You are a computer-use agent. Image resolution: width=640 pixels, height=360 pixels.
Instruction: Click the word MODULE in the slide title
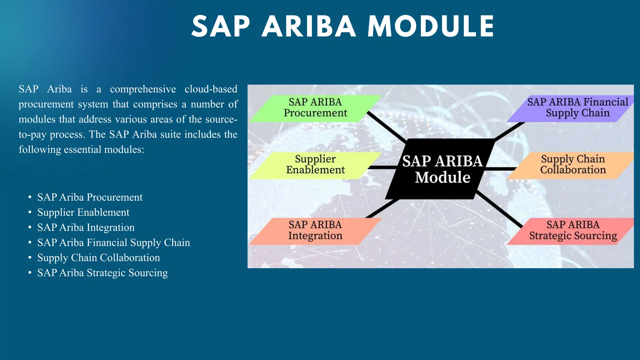[x=431, y=27]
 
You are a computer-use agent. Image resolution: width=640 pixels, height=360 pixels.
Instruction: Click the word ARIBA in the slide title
[x=308, y=27]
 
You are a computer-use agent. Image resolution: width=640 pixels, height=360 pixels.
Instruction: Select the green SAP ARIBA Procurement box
[x=315, y=108]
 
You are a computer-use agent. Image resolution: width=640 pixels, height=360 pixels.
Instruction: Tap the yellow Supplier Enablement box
[x=315, y=165]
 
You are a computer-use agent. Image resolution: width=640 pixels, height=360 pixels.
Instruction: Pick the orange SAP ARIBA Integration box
[x=315, y=231]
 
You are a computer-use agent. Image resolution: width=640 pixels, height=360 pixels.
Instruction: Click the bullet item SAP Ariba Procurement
[x=90, y=197]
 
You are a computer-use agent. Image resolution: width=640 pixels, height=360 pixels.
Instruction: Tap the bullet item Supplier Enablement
[x=83, y=212]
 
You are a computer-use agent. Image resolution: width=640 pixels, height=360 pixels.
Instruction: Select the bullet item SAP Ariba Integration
[x=86, y=227]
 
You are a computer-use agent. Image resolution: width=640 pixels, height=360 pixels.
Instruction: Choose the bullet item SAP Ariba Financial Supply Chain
[x=113, y=243]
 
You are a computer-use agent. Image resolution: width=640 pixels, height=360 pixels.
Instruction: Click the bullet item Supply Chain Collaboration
[x=98, y=258]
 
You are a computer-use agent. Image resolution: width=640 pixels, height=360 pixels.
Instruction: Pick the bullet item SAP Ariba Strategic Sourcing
[x=102, y=273]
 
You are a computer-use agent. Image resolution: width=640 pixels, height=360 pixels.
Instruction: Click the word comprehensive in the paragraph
[x=143, y=89]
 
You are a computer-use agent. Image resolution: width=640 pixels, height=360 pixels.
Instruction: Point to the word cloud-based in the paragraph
[x=211, y=89]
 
